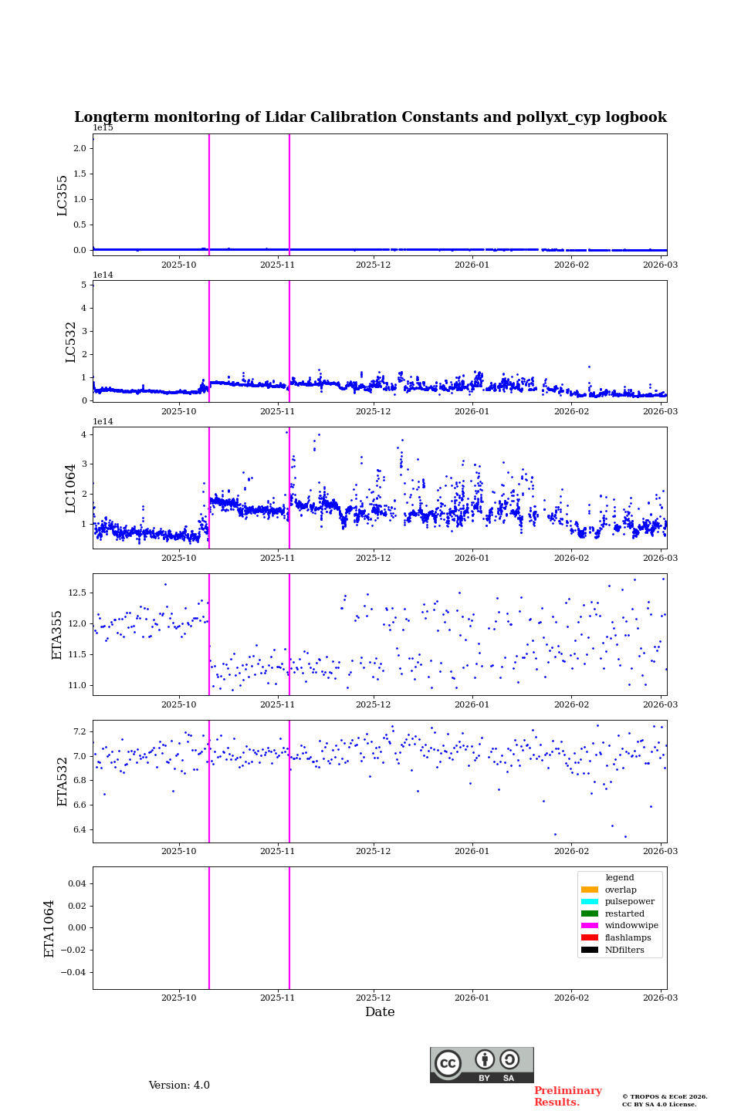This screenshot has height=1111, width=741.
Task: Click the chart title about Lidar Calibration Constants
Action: click(x=370, y=117)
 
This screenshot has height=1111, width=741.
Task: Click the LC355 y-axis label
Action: click(x=63, y=195)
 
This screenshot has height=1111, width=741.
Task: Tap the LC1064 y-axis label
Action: click(x=70, y=488)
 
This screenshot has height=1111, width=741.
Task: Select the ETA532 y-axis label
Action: click(x=63, y=782)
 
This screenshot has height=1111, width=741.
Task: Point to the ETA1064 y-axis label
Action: click(x=49, y=928)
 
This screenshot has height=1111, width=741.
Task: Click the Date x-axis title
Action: click(x=380, y=1012)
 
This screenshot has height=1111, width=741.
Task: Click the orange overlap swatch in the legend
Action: click(x=590, y=890)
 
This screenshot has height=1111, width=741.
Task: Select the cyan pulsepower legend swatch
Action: click(x=590, y=902)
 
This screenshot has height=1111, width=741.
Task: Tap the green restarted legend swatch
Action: click(x=590, y=913)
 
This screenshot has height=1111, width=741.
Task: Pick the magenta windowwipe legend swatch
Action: click(x=590, y=926)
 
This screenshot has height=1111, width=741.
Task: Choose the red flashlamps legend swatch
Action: click(x=590, y=938)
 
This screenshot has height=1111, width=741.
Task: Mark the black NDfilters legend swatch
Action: click(x=590, y=950)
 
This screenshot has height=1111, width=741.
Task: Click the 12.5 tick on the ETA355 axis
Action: click(x=76, y=593)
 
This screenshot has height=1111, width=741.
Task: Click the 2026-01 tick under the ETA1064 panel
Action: click(x=472, y=998)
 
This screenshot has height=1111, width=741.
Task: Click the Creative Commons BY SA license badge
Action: click(x=482, y=1065)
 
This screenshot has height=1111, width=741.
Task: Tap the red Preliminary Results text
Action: click(x=567, y=1096)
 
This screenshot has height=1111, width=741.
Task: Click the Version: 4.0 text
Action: click(x=179, y=1086)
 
